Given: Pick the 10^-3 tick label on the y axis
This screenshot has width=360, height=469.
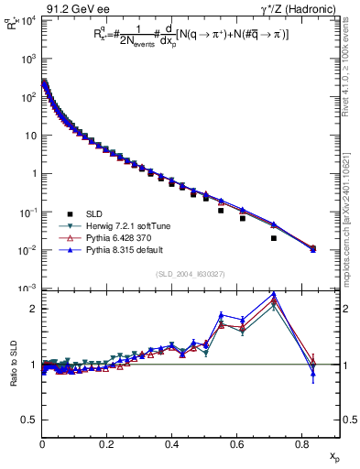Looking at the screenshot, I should coord(27,289).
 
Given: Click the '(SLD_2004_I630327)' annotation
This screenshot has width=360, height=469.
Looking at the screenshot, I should coord(189,274).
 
